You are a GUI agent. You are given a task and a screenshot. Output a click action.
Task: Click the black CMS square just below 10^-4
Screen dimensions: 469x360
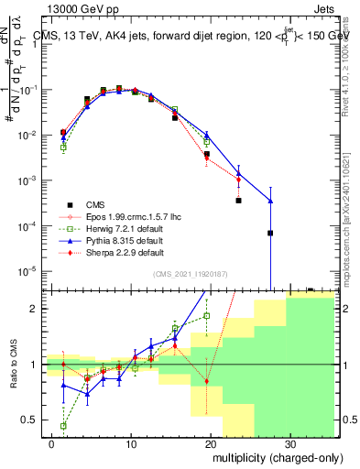click(270, 233)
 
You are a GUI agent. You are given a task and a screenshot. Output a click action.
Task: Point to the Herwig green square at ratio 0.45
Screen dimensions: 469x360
click(63, 426)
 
